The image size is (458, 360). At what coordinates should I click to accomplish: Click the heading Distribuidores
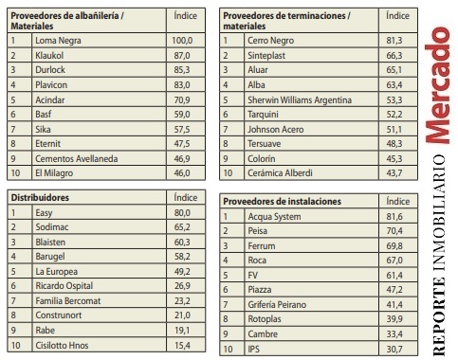tap(40, 196)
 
